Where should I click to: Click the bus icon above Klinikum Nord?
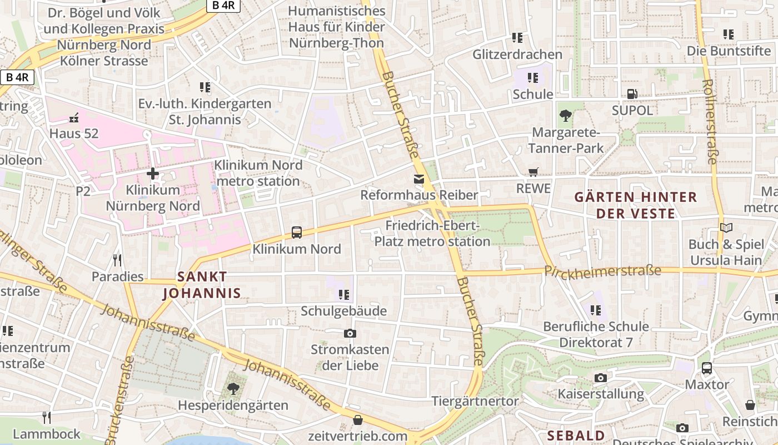click(297, 233)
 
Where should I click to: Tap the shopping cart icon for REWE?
click(533, 172)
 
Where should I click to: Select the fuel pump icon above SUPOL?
click(632, 94)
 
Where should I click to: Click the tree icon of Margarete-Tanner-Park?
click(566, 116)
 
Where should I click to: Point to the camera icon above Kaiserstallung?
click(600, 378)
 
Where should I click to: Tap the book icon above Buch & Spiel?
click(726, 228)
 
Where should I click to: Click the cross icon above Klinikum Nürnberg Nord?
click(153, 174)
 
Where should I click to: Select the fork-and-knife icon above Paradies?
click(117, 260)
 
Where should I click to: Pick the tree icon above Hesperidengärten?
click(233, 389)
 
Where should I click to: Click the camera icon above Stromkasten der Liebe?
click(350, 333)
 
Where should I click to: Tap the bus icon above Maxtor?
click(707, 368)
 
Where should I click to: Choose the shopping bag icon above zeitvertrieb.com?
click(358, 419)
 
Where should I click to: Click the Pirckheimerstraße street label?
click(602, 271)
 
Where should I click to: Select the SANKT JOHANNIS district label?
click(202, 285)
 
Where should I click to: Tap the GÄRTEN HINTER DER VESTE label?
click(635, 205)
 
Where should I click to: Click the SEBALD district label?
click(576, 435)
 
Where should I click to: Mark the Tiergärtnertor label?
click(475, 401)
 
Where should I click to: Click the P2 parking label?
click(83, 191)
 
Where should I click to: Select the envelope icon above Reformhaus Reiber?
click(418, 179)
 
